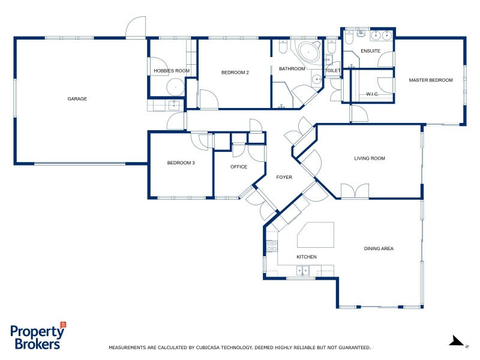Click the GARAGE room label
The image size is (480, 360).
tap(77, 99)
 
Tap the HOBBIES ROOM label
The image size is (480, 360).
tap(172, 71)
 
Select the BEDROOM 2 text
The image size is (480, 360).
tap(235, 73)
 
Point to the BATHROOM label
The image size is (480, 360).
tap(292, 69)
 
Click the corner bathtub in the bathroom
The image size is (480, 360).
tap(308, 52)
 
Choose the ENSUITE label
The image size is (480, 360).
tap(370, 51)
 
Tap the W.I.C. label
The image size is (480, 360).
tap(373, 94)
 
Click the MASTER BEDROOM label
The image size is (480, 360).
tap(431, 80)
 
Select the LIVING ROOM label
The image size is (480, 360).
tap(370, 158)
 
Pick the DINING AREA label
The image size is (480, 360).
tap(379, 248)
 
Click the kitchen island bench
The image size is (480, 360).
tap(316, 235)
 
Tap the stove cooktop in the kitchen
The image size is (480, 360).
tap(271, 245)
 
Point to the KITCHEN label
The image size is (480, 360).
tap(306, 257)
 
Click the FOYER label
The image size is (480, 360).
tap(284, 178)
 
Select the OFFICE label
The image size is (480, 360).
tap(239, 167)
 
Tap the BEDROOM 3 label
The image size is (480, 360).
tap(181, 163)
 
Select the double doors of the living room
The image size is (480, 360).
tap(355, 191)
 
